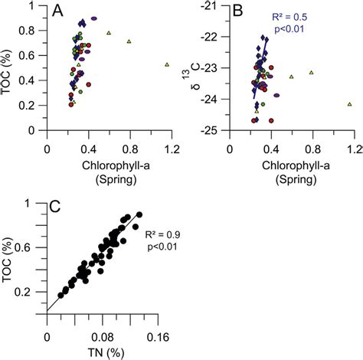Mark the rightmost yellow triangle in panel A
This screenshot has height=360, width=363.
click(167, 65)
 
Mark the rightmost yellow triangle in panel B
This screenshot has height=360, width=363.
click(349, 104)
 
